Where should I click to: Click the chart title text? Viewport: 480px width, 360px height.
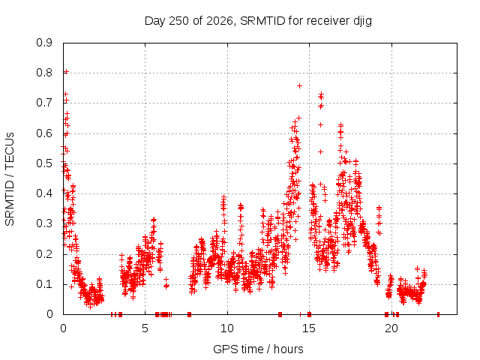(x=258, y=21)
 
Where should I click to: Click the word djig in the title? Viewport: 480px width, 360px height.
(x=363, y=22)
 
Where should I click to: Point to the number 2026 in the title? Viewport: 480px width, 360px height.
(x=220, y=21)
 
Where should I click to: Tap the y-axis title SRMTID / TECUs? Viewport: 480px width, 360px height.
(x=10, y=179)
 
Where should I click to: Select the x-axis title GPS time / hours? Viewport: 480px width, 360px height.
(x=258, y=349)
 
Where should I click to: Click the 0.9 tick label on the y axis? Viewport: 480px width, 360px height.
(x=44, y=43)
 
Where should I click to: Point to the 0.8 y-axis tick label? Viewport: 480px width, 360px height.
(x=44, y=73)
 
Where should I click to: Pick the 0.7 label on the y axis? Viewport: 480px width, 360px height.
(x=44, y=103)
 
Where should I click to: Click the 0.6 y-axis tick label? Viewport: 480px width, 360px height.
(x=44, y=133)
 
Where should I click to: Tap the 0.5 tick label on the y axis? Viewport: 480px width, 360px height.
(x=44, y=163)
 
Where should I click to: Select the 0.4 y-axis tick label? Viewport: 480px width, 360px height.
(x=44, y=193)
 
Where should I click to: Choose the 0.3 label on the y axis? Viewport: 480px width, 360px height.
(x=44, y=223)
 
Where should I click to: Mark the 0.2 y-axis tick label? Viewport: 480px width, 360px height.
(x=44, y=253)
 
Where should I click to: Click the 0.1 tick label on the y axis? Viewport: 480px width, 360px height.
(x=44, y=283)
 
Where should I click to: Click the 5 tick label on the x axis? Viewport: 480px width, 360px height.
(x=145, y=328)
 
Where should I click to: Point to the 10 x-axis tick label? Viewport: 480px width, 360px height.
(x=227, y=328)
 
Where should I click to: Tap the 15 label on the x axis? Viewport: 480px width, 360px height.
(x=309, y=328)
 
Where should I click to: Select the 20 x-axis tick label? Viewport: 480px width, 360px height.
(x=391, y=328)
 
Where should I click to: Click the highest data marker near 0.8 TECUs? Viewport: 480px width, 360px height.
(x=66, y=72)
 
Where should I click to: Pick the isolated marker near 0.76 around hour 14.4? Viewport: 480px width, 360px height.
(x=300, y=86)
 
